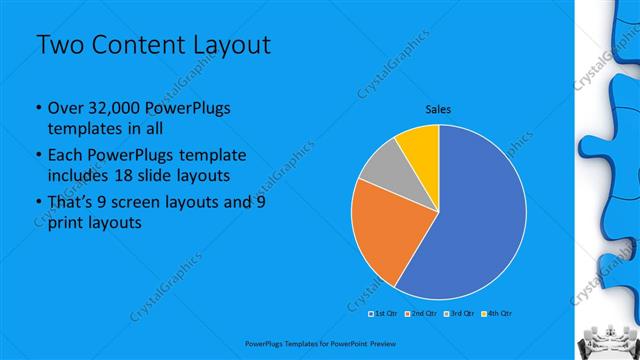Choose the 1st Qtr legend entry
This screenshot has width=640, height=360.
385,313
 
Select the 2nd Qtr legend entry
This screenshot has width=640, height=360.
421,313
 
